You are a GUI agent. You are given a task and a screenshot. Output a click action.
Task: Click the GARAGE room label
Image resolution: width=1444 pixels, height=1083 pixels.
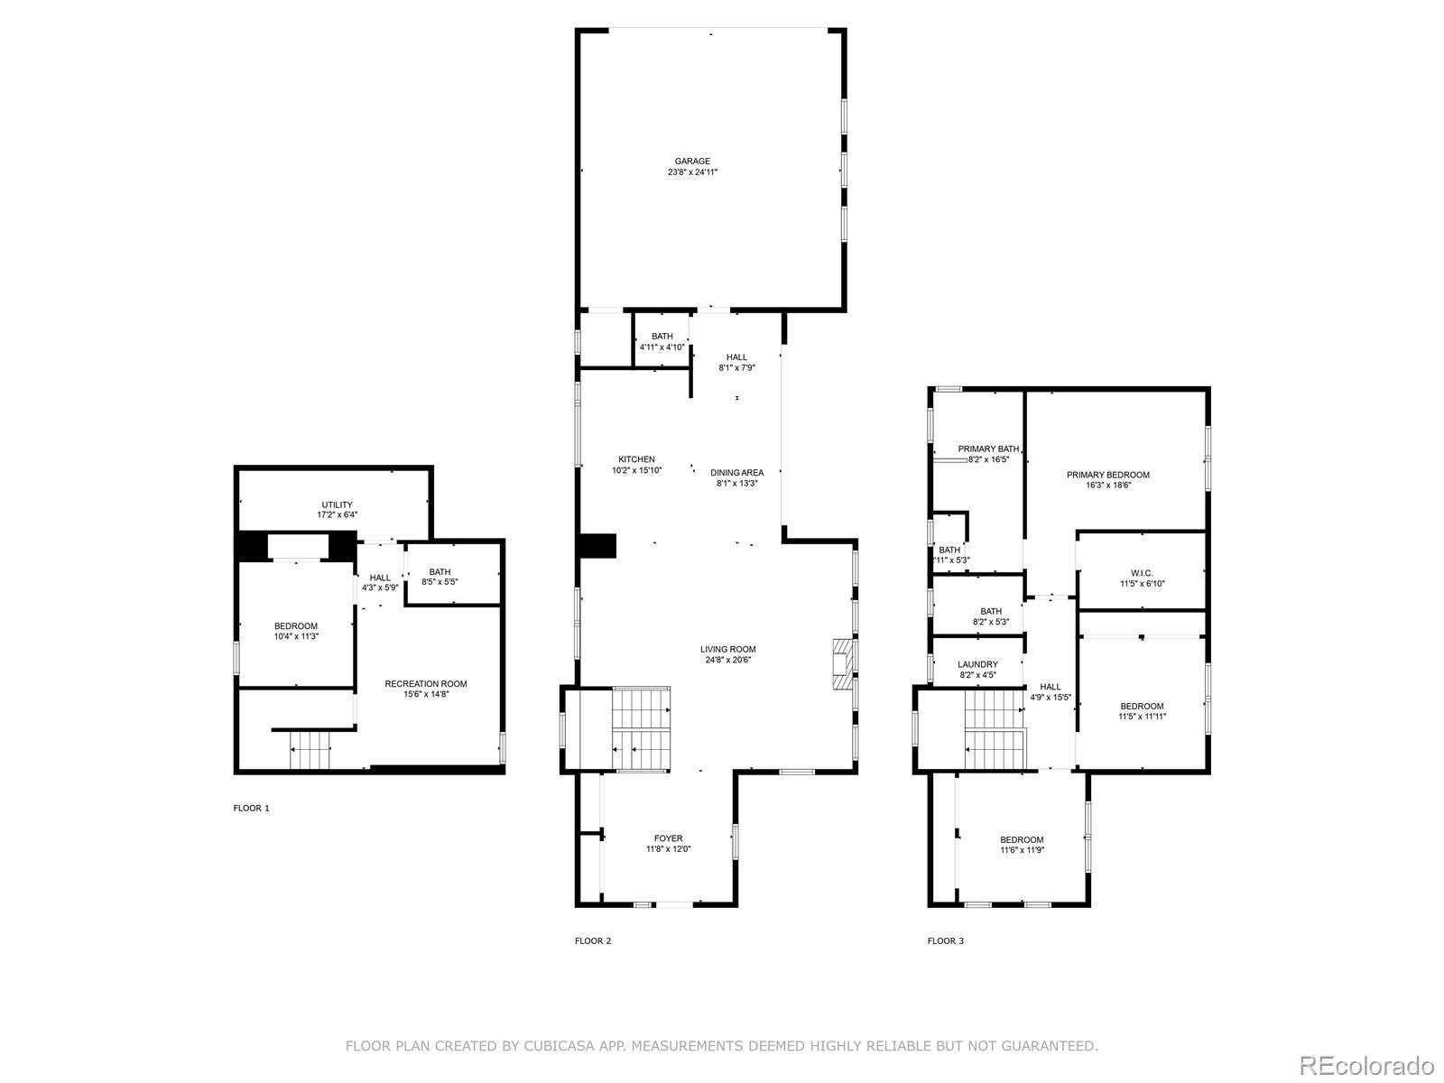click(x=692, y=162)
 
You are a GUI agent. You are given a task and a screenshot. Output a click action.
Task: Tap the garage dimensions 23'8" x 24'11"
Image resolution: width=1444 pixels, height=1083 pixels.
click(x=692, y=172)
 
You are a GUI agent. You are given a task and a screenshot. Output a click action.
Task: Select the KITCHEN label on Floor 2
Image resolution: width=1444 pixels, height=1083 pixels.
click(x=636, y=459)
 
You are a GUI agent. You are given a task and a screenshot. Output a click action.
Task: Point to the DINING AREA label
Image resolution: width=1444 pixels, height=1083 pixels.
click(x=736, y=473)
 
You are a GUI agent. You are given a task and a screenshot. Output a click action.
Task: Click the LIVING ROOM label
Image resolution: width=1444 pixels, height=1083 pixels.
click(x=727, y=650)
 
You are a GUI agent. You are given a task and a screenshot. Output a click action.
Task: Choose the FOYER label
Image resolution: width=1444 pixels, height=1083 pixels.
click(x=669, y=838)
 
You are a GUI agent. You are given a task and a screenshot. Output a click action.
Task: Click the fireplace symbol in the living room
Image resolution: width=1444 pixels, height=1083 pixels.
click(x=842, y=663)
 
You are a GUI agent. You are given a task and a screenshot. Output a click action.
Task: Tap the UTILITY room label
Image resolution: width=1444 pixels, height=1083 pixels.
click(x=337, y=505)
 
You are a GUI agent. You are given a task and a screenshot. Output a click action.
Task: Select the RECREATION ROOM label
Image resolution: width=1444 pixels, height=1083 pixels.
click(x=426, y=684)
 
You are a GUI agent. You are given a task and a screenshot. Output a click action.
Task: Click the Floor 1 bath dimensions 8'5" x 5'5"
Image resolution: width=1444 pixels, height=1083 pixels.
click(x=440, y=582)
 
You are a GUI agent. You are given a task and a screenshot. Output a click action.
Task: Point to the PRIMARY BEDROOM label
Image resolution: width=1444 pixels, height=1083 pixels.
click(x=1108, y=475)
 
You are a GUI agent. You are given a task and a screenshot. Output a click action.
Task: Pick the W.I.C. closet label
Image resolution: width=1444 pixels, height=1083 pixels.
click(x=1142, y=573)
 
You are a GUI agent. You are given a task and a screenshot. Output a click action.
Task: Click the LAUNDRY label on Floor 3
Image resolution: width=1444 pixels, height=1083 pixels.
click(x=977, y=665)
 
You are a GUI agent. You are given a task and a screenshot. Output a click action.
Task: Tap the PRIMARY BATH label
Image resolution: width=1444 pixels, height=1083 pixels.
click(x=988, y=449)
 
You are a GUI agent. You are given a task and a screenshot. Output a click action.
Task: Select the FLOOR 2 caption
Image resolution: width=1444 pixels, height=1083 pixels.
click(x=593, y=941)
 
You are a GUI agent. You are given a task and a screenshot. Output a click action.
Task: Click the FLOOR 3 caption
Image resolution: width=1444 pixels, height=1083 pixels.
click(x=945, y=941)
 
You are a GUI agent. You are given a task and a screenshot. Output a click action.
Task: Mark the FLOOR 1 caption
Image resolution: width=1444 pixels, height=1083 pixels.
click(x=251, y=808)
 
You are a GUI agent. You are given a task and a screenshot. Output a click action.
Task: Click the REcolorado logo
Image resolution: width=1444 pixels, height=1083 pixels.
click(x=1367, y=1065)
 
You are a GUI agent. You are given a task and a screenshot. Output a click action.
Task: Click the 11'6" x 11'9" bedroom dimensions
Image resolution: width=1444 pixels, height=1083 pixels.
click(x=1022, y=850)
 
